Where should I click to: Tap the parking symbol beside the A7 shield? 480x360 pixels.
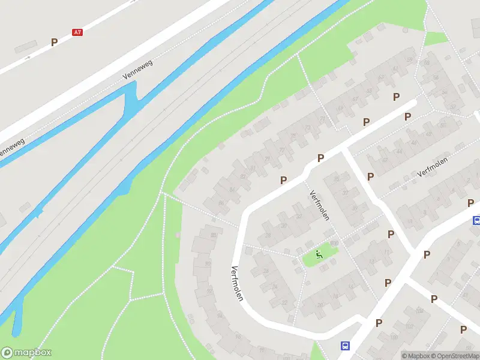coord(54,42)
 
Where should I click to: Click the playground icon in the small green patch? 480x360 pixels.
coord(319,254)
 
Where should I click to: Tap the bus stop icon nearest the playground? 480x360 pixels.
coord(346,346)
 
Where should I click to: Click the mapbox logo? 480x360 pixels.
coord(26,352)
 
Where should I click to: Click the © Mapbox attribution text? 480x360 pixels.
coord(415,356)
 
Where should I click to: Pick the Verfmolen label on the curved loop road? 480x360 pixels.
coord(236,283)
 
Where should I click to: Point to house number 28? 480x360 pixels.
coord(268,235)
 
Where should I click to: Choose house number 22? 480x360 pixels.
coord(299,217)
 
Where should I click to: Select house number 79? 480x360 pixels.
coord(266,159)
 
